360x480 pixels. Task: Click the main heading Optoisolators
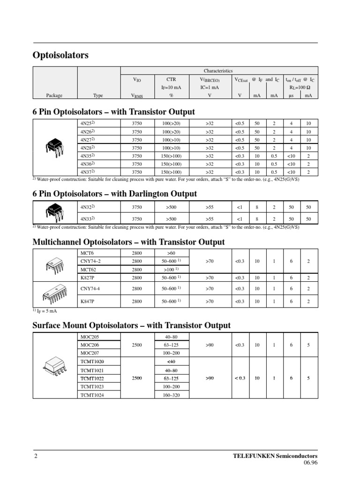click(60, 55)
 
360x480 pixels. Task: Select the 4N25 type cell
click(87, 123)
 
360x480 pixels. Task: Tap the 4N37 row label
click(87, 172)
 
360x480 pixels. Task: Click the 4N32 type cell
click(87, 207)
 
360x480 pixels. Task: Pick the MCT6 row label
click(87, 253)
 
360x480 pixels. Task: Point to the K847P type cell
click(88, 301)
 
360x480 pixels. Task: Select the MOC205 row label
click(90, 337)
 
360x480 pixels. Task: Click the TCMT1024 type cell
click(92, 395)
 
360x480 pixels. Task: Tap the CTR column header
click(171, 80)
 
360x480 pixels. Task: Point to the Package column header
click(54, 95)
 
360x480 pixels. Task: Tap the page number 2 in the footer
click(36, 456)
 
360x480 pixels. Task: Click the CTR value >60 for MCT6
click(171, 253)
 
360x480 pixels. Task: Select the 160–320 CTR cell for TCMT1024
click(171, 395)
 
